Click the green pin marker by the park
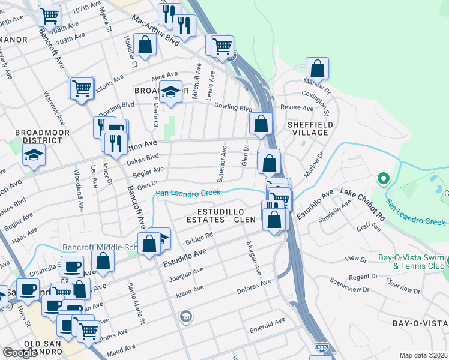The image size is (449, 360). click(382, 178)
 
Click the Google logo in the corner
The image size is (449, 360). click(20, 352)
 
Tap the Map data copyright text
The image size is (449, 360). click(424, 355)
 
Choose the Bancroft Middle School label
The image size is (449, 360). click(99, 247)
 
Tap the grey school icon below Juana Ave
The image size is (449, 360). click(186, 316)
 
